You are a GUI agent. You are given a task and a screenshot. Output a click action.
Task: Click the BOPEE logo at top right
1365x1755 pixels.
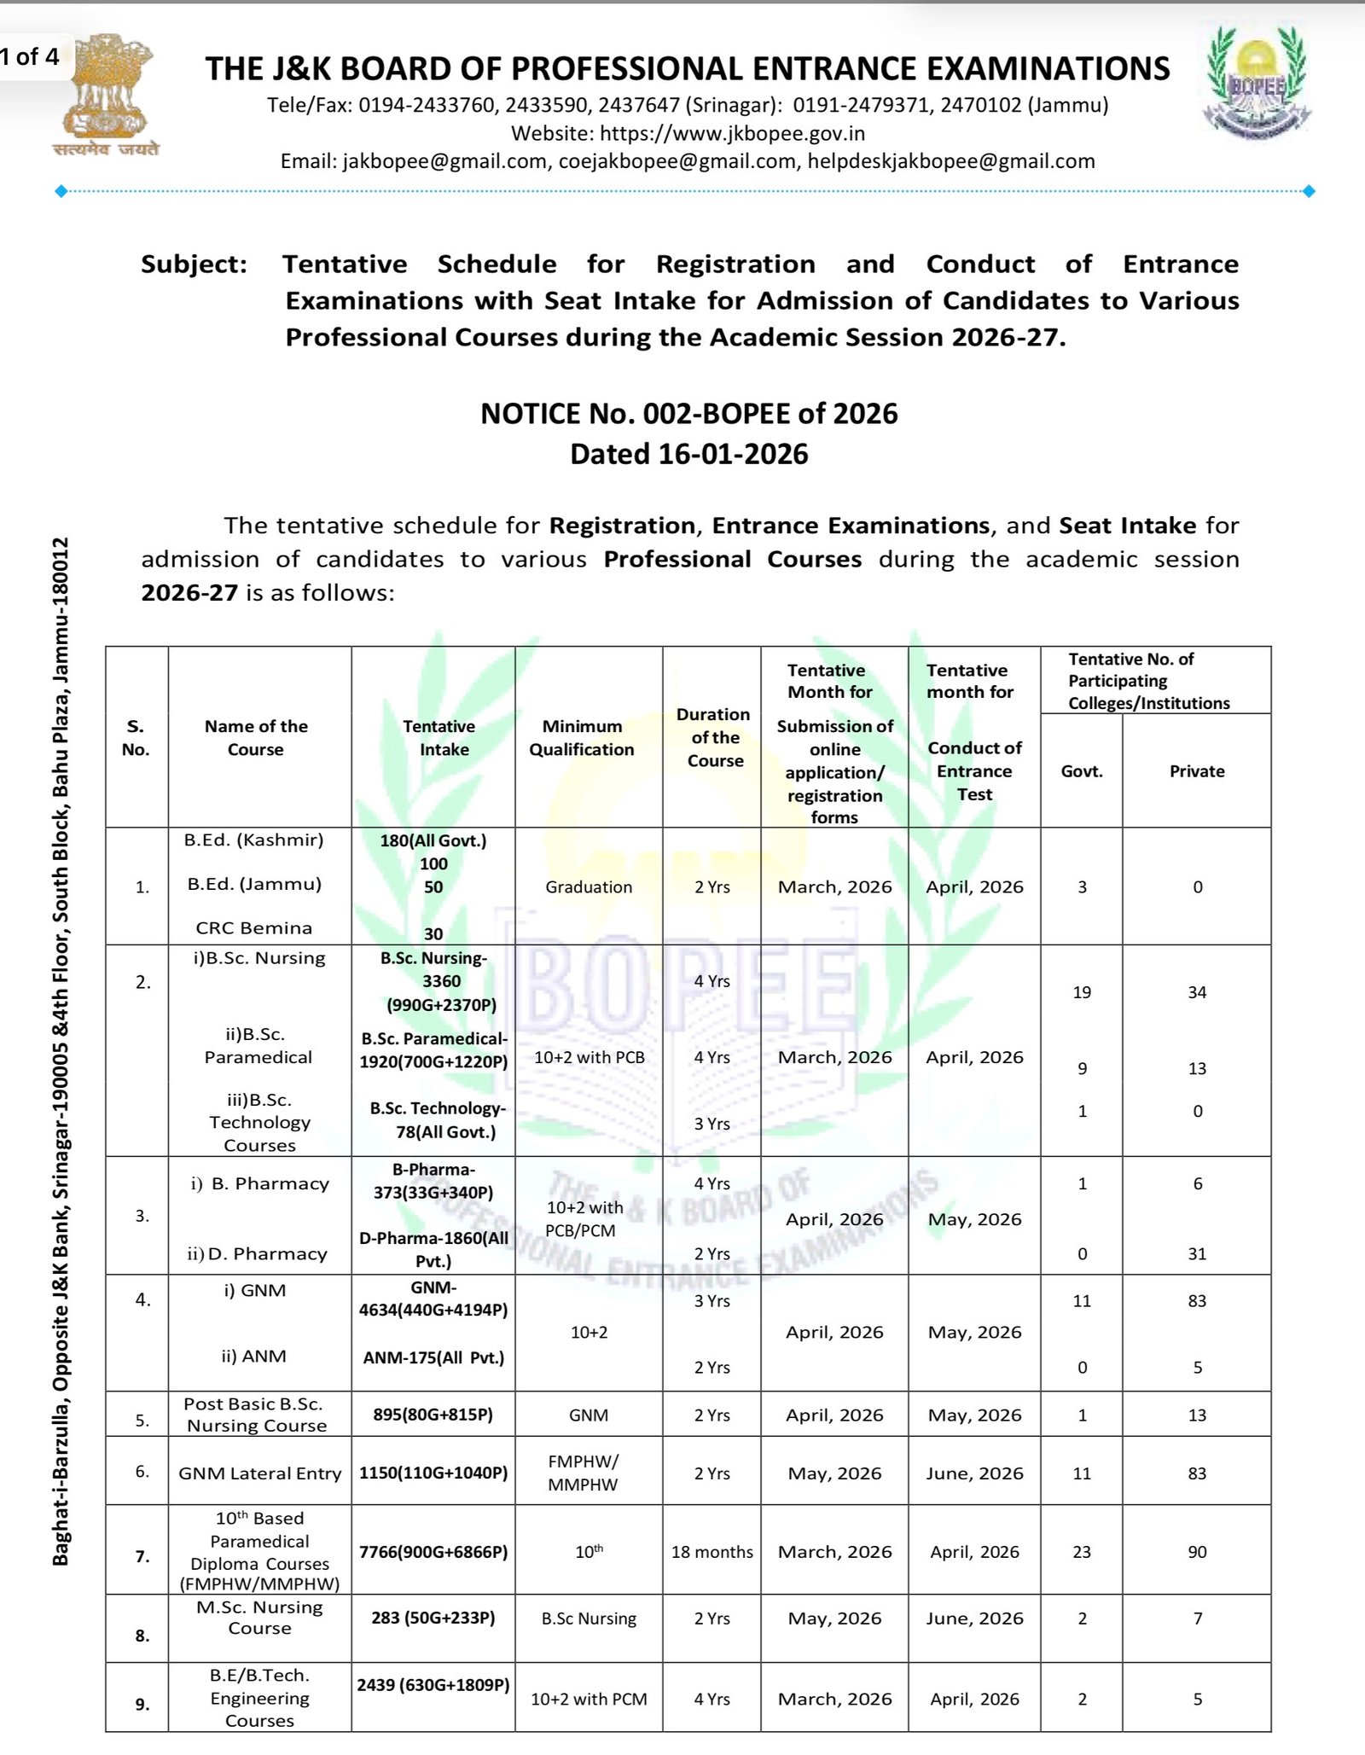[1256, 84]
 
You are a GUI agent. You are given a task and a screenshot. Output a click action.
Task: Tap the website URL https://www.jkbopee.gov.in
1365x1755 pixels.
[732, 134]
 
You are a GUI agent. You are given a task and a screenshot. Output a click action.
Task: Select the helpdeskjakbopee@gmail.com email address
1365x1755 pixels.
[951, 161]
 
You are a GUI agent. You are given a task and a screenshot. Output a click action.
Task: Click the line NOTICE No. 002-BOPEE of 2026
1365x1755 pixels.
[688, 414]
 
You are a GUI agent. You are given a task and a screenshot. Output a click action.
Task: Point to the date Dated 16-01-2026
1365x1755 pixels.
[688, 454]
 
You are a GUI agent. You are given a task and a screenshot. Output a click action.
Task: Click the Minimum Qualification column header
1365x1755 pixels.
[582, 738]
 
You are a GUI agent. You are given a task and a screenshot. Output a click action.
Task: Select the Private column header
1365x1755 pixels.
[1197, 771]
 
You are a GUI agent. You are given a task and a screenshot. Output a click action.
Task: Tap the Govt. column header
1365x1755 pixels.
[1082, 771]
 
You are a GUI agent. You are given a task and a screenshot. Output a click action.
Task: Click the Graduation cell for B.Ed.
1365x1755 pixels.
[589, 887]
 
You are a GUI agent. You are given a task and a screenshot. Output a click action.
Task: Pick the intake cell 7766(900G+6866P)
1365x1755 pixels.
[433, 1552]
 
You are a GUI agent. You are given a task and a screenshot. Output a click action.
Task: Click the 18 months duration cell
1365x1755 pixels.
[712, 1552]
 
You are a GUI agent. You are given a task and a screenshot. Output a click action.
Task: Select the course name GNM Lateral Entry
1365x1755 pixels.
[259, 1473]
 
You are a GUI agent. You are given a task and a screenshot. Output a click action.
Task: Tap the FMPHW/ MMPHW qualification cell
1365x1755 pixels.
[584, 1473]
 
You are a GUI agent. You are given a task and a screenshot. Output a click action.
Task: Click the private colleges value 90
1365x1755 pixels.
[1197, 1552]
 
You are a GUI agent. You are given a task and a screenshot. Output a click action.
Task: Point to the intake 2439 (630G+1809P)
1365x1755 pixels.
[433, 1685]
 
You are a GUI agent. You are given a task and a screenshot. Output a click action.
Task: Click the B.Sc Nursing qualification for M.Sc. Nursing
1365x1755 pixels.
[589, 1618]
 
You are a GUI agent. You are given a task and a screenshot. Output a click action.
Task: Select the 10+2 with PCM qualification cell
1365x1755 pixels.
[589, 1700]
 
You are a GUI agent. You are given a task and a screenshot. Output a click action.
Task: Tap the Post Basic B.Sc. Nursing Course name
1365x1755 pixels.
[257, 1415]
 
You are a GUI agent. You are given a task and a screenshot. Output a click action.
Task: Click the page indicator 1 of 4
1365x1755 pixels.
[30, 57]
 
